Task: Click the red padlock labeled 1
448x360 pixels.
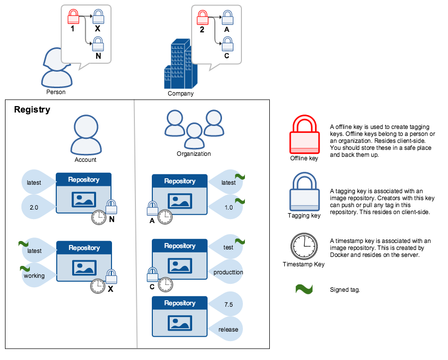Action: click(73, 17)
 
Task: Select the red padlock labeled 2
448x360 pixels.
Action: click(203, 18)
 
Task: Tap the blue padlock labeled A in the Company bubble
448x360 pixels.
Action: click(227, 18)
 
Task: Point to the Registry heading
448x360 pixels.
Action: click(32, 110)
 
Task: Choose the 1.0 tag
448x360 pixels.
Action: click(228, 207)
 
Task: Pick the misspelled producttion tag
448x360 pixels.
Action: click(227, 272)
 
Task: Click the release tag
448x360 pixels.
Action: click(227, 329)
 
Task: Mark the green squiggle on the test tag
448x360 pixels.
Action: click(239, 241)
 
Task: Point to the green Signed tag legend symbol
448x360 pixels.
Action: click(304, 289)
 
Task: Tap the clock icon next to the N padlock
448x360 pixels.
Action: click(99, 217)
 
